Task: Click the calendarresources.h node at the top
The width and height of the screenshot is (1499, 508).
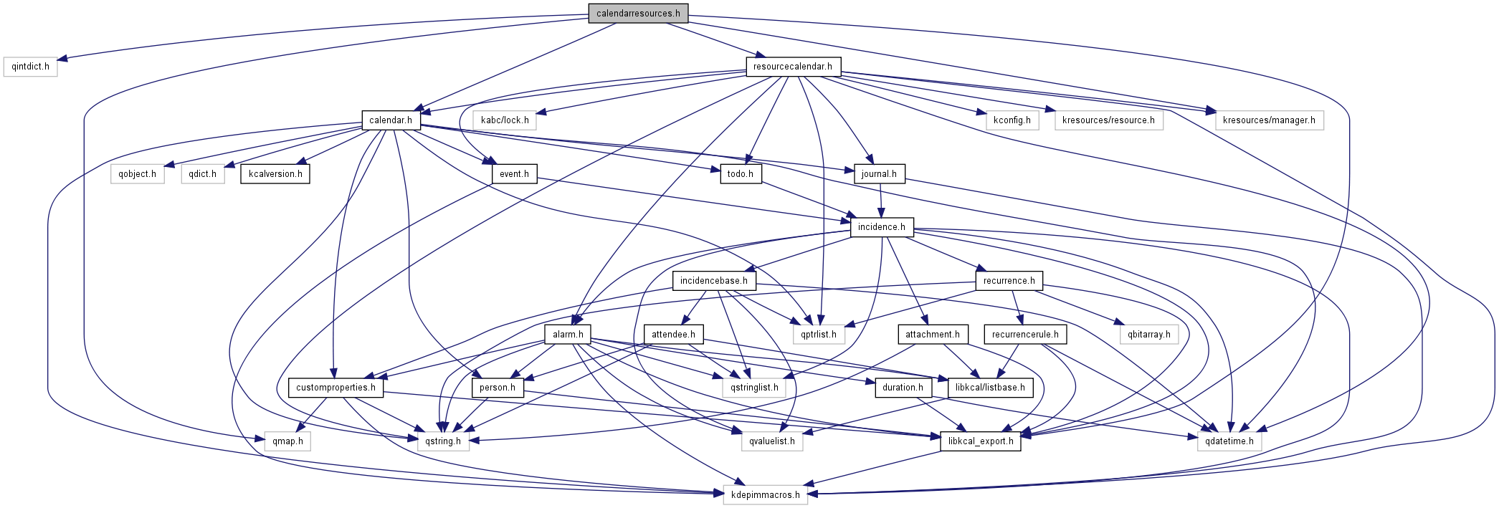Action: (638, 14)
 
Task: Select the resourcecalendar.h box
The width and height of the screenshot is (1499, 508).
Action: (792, 67)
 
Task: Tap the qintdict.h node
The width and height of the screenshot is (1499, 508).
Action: (31, 67)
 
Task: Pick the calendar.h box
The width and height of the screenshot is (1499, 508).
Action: (390, 120)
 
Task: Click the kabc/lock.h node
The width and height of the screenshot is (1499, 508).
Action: (505, 120)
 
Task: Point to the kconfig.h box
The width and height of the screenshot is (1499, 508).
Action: (1012, 120)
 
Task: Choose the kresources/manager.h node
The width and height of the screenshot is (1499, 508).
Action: (1269, 120)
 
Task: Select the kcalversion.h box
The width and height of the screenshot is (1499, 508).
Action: (275, 174)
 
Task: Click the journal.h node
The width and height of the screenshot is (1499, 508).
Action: (879, 174)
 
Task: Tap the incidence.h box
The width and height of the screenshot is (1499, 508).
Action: (881, 227)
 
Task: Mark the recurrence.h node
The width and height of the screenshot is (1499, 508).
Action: (1009, 281)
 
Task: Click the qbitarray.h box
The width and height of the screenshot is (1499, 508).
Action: (1148, 335)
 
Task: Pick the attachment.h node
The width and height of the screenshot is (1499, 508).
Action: (932, 335)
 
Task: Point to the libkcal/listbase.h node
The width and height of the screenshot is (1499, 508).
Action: (990, 388)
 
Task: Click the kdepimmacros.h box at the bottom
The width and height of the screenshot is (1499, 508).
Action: (765, 495)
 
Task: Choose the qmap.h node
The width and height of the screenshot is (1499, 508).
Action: (287, 441)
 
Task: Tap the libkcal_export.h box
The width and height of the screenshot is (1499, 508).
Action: (980, 441)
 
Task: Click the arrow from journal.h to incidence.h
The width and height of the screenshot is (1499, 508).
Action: (880, 201)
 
